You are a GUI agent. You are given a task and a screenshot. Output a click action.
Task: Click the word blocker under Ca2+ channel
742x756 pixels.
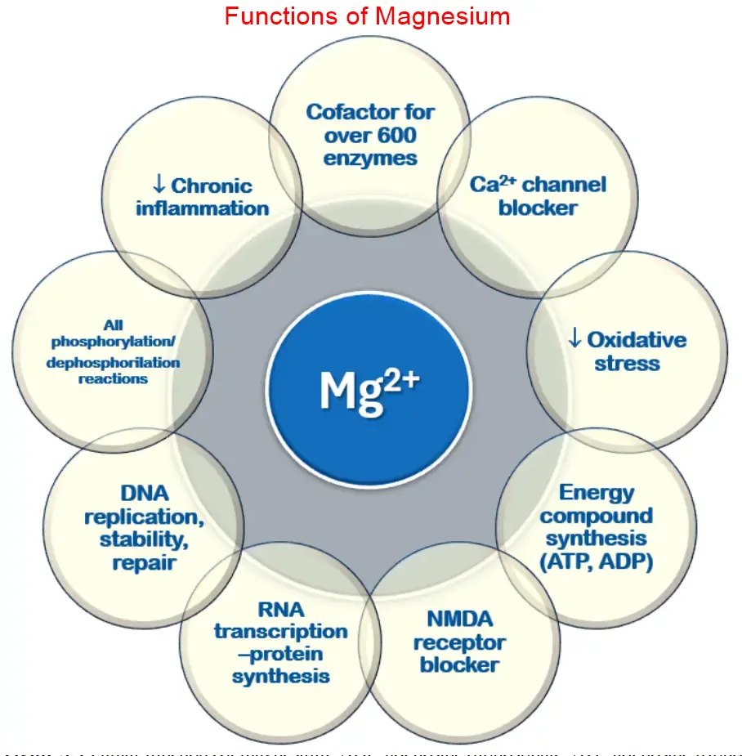click(537, 208)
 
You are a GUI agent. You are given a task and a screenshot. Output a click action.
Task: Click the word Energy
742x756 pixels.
click(597, 493)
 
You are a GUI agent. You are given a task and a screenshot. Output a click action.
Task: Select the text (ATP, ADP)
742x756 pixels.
click(597, 563)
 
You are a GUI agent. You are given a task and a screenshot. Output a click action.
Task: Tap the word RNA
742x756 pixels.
click(280, 608)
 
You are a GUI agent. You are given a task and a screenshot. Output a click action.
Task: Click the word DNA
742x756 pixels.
click(144, 494)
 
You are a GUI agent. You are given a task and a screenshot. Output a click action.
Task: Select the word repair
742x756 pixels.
click(145, 563)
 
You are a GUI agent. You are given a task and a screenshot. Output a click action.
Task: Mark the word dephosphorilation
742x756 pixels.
click(114, 361)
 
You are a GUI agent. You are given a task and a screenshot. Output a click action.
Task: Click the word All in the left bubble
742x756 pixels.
click(113, 324)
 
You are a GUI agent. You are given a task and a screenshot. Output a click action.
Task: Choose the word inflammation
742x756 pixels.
click(202, 208)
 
